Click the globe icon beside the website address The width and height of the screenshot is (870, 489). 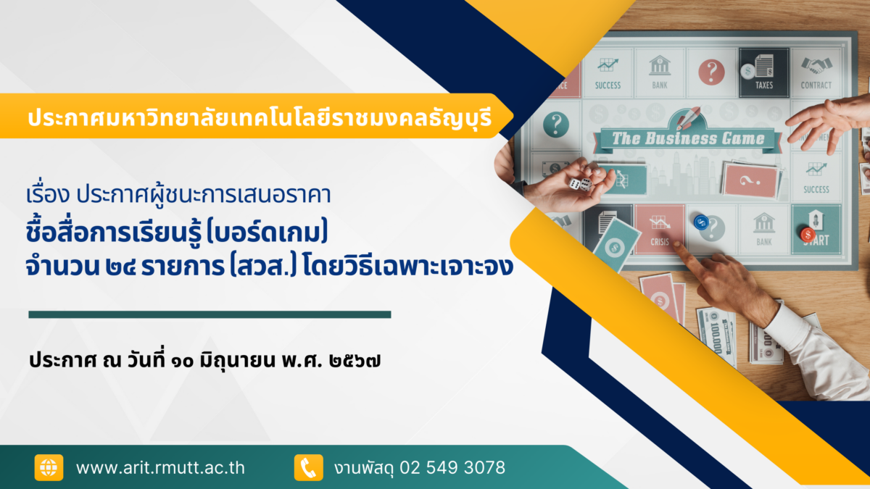[49, 467]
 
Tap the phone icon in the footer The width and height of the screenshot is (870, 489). [308, 467]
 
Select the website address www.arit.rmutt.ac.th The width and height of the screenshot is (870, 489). [160, 468]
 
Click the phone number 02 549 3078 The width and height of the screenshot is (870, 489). [452, 467]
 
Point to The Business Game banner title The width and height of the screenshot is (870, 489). [688, 138]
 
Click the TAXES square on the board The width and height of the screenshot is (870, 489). [763, 72]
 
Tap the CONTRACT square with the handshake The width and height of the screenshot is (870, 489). [816, 72]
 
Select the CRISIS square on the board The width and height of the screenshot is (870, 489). [660, 230]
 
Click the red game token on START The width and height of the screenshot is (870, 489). [808, 235]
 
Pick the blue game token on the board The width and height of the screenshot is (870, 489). [701, 222]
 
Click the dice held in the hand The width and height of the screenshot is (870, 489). [580, 184]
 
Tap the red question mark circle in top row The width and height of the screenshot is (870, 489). [711, 72]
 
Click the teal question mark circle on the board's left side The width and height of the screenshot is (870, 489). [556, 124]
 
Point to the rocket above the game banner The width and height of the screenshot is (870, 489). [688, 117]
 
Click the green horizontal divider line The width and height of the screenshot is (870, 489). [210, 314]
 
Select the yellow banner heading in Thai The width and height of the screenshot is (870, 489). [260, 118]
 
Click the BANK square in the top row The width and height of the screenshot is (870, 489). [660, 72]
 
